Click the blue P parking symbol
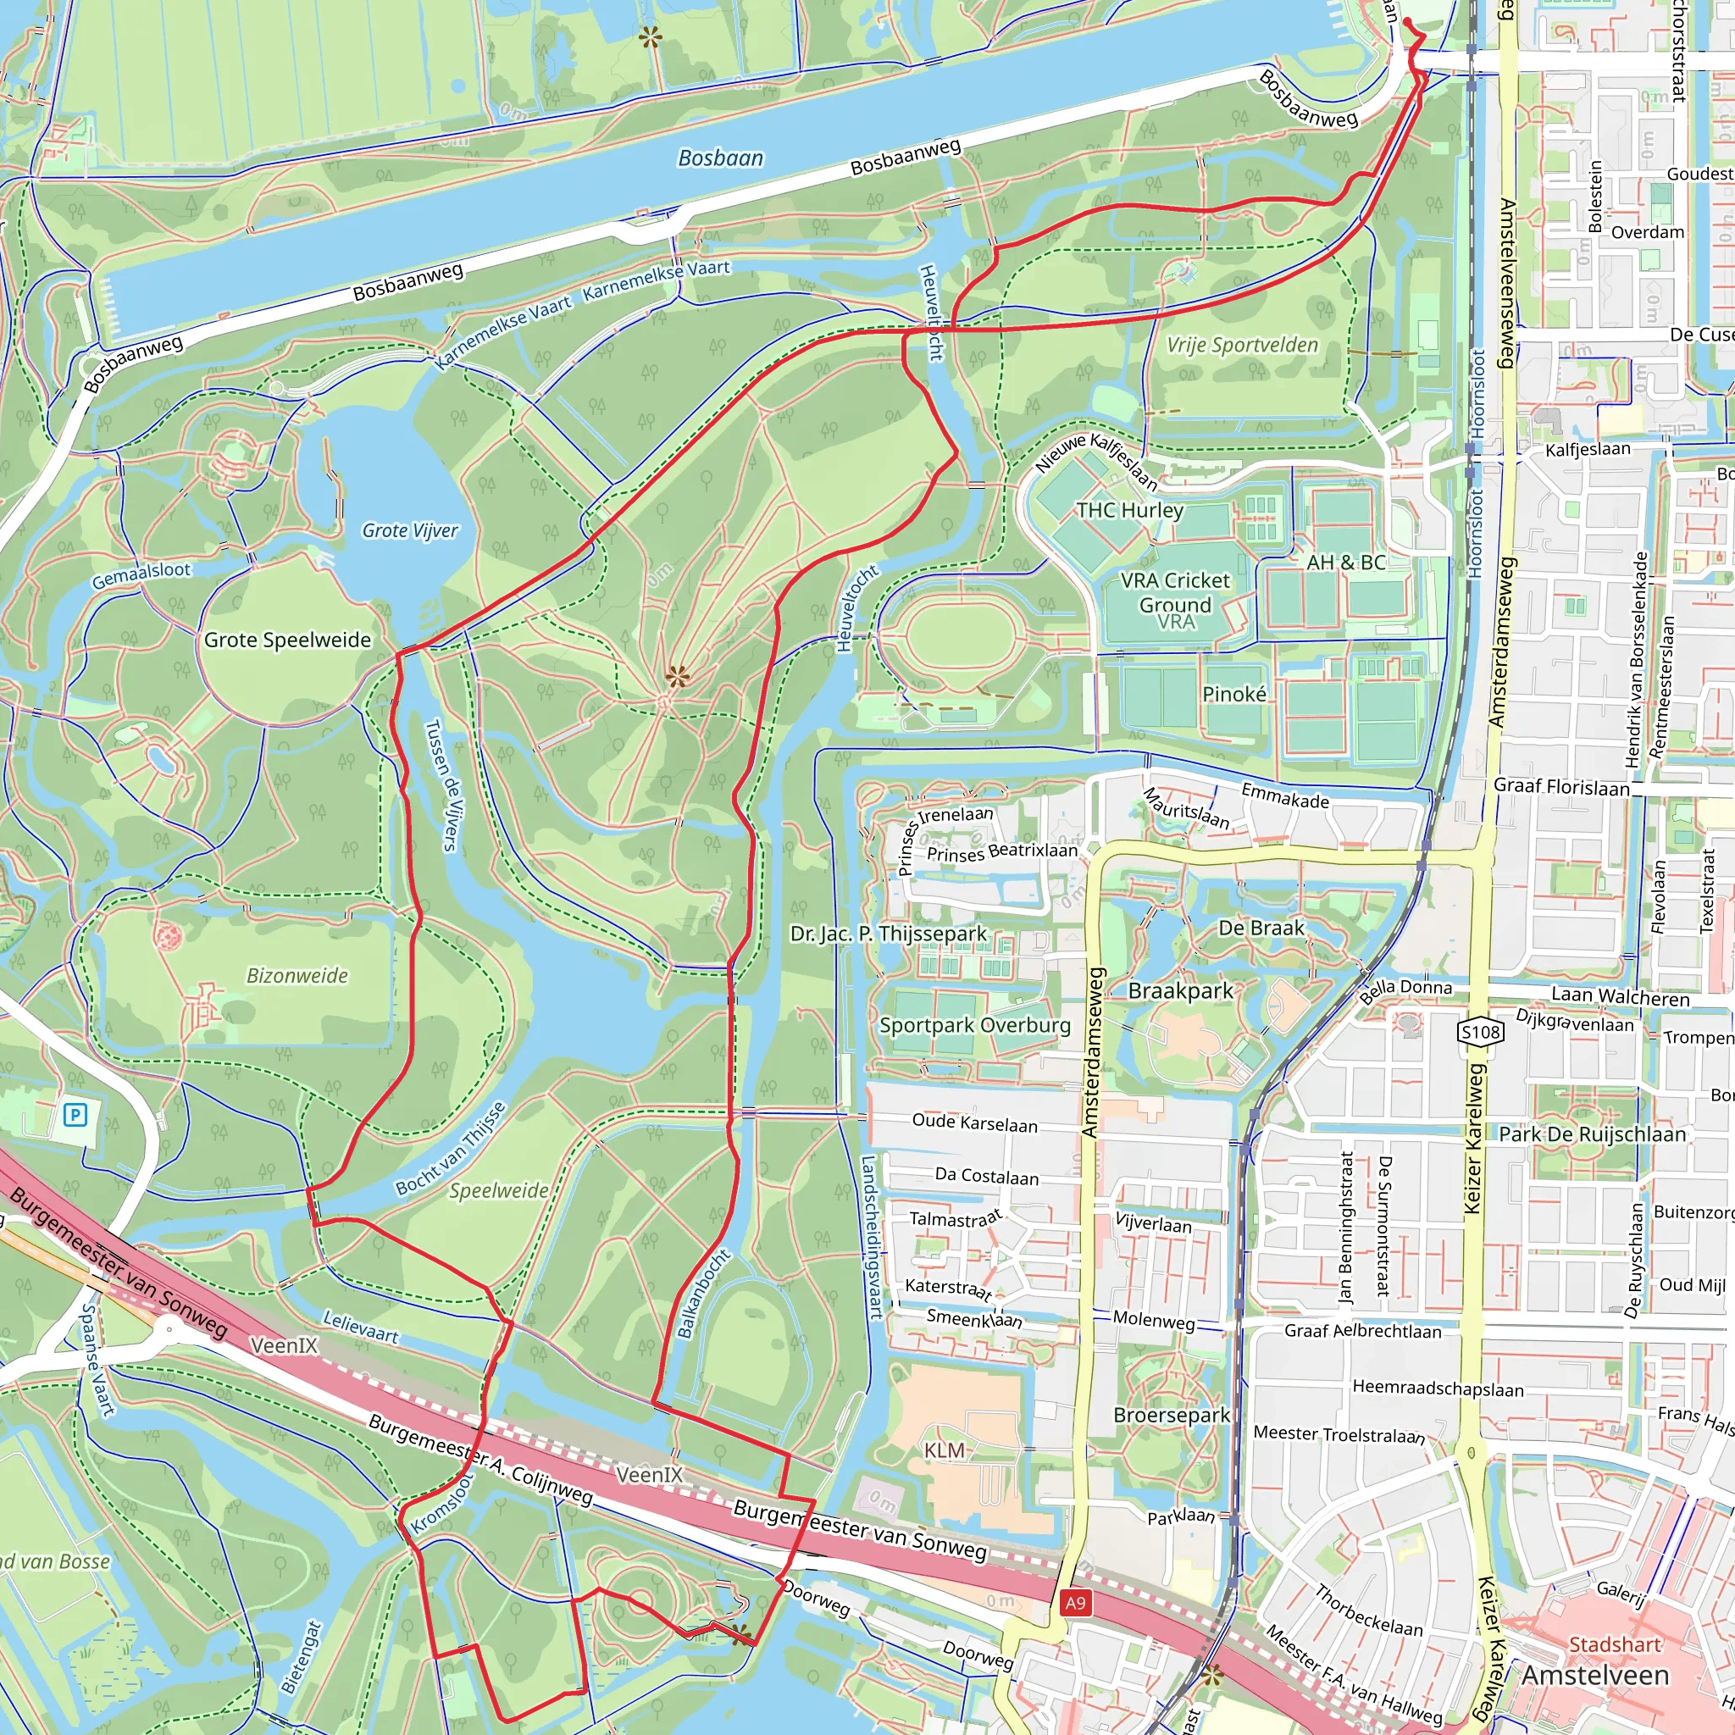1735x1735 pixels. click(x=75, y=1116)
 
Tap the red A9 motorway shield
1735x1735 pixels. click(x=1075, y=1603)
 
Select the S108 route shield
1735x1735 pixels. click(x=1481, y=1032)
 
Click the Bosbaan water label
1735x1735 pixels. click(x=720, y=158)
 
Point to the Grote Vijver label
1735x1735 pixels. click(x=409, y=530)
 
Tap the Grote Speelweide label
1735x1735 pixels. click(x=287, y=640)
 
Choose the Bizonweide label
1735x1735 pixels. click(x=297, y=975)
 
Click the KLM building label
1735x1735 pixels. click(x=944, y=1450)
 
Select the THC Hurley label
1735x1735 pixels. click(x=1130, y=510)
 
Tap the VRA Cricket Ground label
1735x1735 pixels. click(x=1176, y=593)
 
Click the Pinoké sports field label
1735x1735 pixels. click(x=1233, y=694)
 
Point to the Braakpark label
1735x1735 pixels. click(x=1180, y=991)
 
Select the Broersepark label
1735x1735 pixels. click(x=1171, y=1416)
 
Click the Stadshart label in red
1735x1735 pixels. click(x=1614, y=1644)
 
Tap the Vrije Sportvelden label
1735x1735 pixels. click(x=1242, y=345)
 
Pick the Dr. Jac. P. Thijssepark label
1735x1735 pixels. click(x=888, y=934)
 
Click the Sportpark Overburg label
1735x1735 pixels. click(x=974, y=1026)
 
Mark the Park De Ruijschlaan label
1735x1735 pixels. click(x=1592, y=1134)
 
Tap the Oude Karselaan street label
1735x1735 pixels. click(x=974, y=1122)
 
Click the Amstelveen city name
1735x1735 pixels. click(x=1595, y=1676)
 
